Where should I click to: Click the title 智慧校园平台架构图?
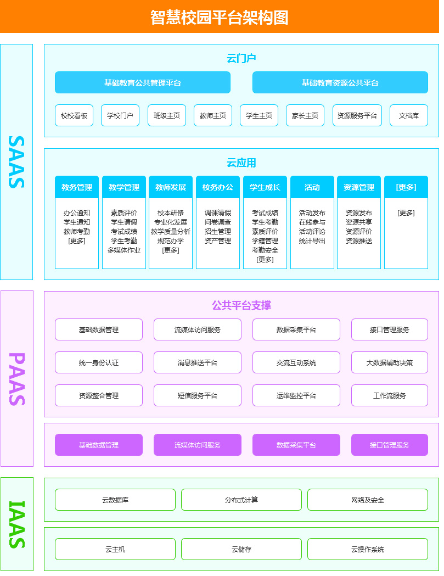tap(220, 17)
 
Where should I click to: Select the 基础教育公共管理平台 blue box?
tap(143, 83)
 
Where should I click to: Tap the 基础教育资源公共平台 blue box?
tap(340, 83)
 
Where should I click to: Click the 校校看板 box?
tap(74, 116)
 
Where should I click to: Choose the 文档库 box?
tap(409, 116)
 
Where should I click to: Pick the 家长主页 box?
tap(305, 116)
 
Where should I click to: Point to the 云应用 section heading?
tap(241, 163)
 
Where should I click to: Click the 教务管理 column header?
tap(77, 187)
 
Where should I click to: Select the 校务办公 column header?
tap(218, 187)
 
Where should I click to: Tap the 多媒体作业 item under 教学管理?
tap(124, 250)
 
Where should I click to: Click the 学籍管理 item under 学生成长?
tap(265, 241)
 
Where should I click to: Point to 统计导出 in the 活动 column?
tap(312, 241)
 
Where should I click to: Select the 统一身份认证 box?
tap(99, 363)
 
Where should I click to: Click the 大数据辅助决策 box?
tap(390, 363)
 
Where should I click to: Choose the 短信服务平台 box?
tap(198, 396)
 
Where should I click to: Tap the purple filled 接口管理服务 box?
tap(390, 445)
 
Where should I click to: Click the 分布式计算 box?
tap(241, 500)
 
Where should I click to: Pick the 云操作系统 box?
tap(368, 550)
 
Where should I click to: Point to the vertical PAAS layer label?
tap(17, 379)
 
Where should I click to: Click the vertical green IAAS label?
tap(17, 524)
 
